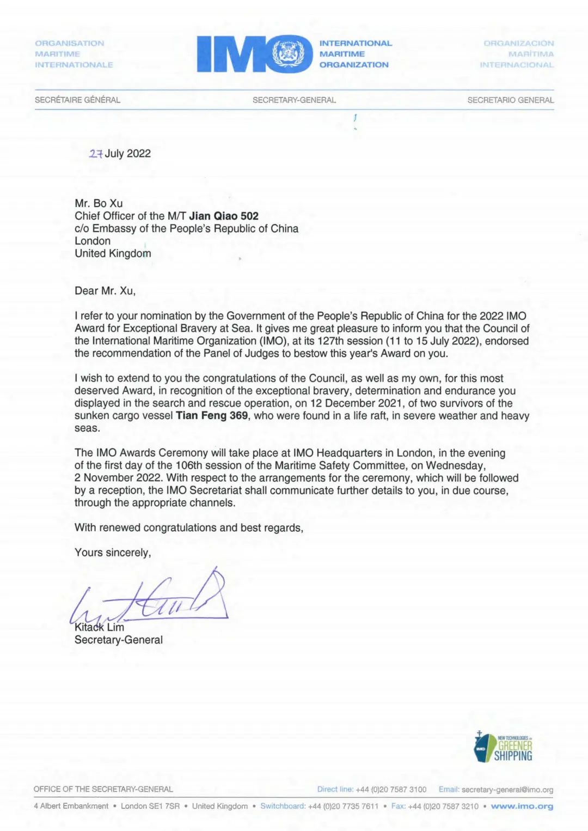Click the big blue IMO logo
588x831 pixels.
click(254, 54)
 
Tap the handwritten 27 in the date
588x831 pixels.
click(96, 154)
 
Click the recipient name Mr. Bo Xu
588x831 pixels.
click(99, 203)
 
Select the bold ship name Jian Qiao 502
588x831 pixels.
click(224, 216)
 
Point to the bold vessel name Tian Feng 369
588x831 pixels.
click(212, 416)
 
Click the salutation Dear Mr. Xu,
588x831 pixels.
click(105, 290)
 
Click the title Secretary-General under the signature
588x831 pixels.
click(119, 640)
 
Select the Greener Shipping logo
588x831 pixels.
click(503, 747)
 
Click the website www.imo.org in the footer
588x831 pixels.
click(522, 806)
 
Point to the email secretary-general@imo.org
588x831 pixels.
click(507, 790)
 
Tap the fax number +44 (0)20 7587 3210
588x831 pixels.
click(443, 806)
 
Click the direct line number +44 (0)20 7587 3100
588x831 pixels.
click(391, 790)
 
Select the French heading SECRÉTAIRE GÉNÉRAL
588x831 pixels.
click(77, 100)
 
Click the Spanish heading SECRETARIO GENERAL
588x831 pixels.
click(510, 100)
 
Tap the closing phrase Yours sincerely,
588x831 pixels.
click(113, 553)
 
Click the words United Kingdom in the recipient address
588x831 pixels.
click(113, 253)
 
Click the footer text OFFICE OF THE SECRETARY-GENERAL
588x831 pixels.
click(103, 789)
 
